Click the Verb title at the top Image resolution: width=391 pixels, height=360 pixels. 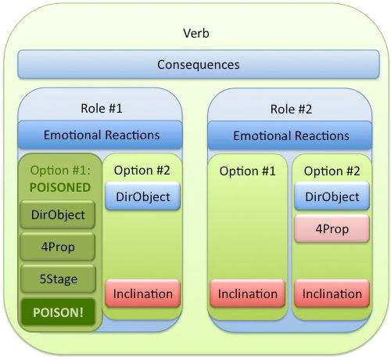tap(196, 34)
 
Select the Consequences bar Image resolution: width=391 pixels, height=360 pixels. tap(199, 64)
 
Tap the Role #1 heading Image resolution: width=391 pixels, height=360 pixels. tap(102, 108)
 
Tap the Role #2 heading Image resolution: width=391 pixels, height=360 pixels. tap(291, 109)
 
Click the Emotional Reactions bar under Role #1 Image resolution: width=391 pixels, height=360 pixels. tap(100, 135)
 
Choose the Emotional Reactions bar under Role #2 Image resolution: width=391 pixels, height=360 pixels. tap(290, 135)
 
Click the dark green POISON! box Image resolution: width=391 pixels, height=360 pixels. tap(58, 312)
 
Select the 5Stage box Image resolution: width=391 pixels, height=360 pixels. tap(58, 279)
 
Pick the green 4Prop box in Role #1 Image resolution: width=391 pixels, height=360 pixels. tap(58, 247)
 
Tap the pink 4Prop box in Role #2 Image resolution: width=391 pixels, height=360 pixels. tap(332, 229)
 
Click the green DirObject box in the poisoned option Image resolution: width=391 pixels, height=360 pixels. tap(58, 214)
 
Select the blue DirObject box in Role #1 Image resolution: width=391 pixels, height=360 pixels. tap(143, 196)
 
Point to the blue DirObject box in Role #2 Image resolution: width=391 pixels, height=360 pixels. tap(332, 196)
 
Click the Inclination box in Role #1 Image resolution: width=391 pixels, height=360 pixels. tap(143, 293)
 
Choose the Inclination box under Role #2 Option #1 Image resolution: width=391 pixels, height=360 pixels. tap(247, 293)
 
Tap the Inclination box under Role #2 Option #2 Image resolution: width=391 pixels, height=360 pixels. tap(332, 293)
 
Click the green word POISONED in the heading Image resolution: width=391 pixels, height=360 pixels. tap(60, 187)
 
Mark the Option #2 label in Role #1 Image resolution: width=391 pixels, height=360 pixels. tap(142, 171)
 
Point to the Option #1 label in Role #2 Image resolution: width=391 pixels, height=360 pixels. tap(247, 171)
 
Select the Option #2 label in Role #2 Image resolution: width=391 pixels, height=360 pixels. tap(332, 171)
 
